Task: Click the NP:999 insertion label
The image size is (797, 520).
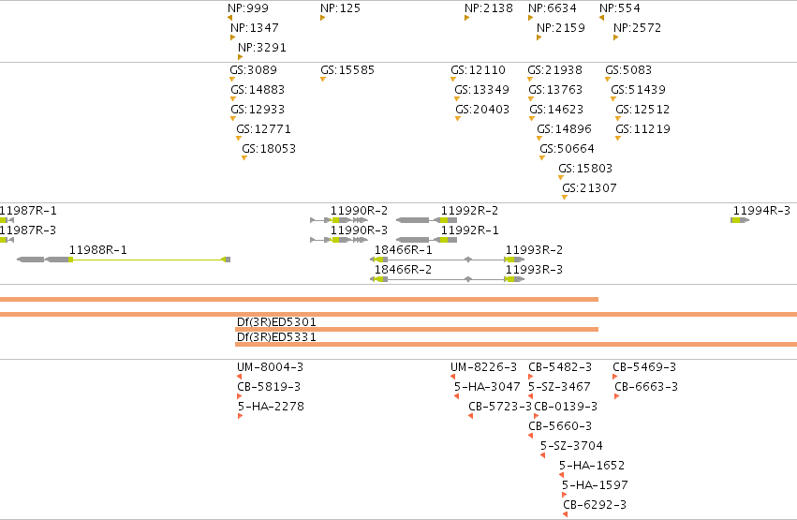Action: point(248,8)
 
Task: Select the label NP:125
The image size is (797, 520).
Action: point(340,8)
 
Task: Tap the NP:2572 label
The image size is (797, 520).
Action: point(638,28)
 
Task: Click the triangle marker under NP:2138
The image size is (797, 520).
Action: point(466,19)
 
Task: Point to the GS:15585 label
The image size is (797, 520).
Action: point(347,70)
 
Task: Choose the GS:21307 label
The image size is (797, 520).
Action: point(590,188)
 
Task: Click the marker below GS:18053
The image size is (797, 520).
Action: point(244,158)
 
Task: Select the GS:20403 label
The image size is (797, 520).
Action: point(482,110)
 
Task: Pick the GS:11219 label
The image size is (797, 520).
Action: point(643,129)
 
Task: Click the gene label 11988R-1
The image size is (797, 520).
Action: point(98,250)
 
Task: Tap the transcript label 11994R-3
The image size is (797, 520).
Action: point(761,211)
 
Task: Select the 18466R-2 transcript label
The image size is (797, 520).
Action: point(403,270)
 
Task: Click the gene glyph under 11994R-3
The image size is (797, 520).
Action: point(740,220)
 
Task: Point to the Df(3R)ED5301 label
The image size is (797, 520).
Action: point(276,321)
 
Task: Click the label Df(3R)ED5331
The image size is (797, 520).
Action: point(276,337)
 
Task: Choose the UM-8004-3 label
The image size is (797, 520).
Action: point(271,367)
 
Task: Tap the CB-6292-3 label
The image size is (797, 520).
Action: point(595,505)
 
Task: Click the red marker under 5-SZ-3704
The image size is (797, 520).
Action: point(543,455)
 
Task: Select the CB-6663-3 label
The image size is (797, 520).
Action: point(646,387)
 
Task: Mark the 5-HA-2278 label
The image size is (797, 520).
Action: point(271,406)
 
